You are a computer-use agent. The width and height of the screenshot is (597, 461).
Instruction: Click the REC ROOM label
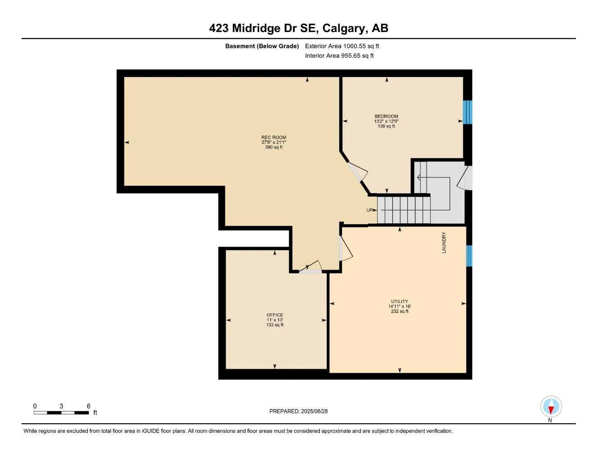click(273, 137)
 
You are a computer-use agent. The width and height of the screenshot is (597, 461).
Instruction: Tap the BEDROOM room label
click(386, 116)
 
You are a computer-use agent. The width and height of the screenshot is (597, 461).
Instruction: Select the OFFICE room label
click(275, 315)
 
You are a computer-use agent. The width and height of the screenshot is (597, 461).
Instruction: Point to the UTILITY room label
click(400, 302)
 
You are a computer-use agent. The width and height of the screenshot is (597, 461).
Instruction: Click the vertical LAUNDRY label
click(444, 243)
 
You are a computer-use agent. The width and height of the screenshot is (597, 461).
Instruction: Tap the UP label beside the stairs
click(369, 210)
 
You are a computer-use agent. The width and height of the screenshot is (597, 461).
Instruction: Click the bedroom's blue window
click(468, 112)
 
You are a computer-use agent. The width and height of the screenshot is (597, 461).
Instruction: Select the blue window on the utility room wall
click(469, 256)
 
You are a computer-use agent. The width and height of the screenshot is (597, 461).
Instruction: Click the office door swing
click(311, 267)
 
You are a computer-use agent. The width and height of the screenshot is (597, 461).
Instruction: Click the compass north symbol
click(551, 407)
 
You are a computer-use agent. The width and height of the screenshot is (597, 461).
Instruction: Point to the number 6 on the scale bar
click(89, 406)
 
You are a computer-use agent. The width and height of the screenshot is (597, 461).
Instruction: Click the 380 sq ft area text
click(273, 147)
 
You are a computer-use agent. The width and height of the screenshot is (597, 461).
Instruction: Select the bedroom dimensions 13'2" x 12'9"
click(386, 121)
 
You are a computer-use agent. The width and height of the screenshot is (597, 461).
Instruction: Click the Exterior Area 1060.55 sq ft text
click(342, 46)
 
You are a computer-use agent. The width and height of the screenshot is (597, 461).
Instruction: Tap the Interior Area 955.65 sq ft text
click(339, 56)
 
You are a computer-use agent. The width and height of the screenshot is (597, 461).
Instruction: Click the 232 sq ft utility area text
click(400, 311)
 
